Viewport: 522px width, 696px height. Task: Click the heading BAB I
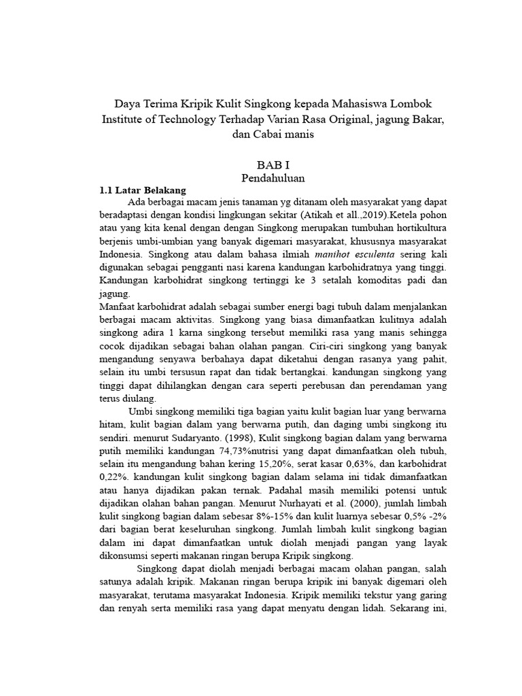273,165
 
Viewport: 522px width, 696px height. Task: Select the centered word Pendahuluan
273,178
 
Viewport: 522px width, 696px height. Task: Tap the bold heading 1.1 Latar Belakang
143,191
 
